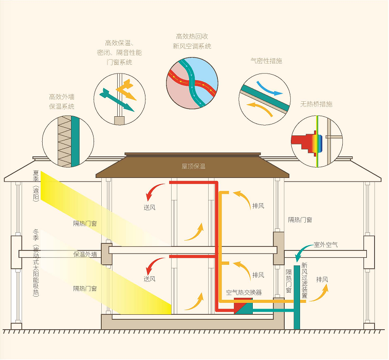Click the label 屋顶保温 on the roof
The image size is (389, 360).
(x=193, y=166)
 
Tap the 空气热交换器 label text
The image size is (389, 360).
(x=244, y=292)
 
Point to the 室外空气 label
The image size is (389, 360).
(x=326, y=245)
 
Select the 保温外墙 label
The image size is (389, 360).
(x=85, y=254)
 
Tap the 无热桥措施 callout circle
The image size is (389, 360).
(x=317, y=139)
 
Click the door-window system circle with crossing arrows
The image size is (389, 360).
(x=120, y=98)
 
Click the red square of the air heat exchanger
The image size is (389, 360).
(x=240, y=304)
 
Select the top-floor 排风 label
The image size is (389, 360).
(x=258, y=206)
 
